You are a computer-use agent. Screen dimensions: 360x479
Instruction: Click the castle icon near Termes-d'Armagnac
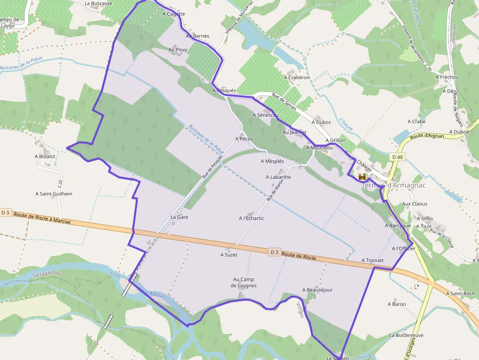tap(362, 177)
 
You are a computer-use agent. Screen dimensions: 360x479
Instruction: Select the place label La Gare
tap(179, 217)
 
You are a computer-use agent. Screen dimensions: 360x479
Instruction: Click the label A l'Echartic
tap(251, 218)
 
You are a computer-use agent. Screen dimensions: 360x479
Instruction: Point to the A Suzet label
tap(229, 254)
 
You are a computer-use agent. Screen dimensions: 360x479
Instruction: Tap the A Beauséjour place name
tap(317, 290)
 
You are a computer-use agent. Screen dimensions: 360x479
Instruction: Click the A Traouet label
tap(372, 260)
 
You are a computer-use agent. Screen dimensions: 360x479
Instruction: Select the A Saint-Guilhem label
tap(54, 194)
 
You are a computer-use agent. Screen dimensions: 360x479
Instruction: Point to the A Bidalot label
tap(45, 157)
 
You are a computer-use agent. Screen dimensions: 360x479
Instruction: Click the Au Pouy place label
tap(178, 50)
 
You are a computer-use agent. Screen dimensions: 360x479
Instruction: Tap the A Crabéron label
tap(297, 77)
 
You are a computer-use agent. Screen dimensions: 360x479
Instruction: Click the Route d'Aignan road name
tap(427, 136)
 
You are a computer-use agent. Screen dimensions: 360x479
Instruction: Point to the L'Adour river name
tap(155, 295)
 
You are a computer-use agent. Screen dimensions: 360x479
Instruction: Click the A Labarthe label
tap(278, 177)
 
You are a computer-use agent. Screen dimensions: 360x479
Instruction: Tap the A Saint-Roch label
tap(460, 294)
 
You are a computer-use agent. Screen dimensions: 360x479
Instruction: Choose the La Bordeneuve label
tap(406, 336)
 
